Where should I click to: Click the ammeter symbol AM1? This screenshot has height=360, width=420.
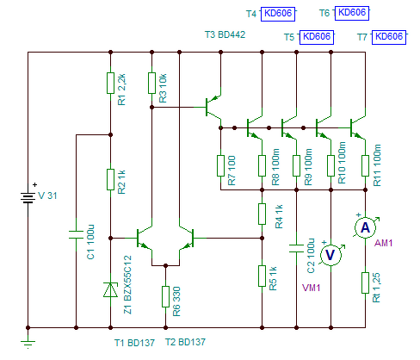365,228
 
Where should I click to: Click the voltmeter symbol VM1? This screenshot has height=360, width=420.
330,255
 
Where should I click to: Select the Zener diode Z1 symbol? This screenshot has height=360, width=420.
110,289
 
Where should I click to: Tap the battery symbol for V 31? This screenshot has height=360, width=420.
28,197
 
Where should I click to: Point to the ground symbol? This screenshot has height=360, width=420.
28,343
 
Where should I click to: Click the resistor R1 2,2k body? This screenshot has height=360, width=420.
110,83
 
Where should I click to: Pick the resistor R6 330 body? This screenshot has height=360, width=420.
165,296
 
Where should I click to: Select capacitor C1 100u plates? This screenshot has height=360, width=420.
76,234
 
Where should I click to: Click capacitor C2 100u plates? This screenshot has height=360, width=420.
296,248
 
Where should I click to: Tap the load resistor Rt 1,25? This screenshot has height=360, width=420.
365,282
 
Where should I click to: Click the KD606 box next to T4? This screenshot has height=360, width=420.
278,14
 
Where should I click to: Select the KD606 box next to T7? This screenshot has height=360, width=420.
389,37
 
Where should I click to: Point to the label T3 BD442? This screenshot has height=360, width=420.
225,34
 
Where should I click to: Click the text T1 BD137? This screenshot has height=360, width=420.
134,343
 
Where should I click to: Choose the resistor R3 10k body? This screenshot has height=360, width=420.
151,83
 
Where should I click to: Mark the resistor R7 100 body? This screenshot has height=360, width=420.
220,165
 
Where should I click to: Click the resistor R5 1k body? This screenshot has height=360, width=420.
262,276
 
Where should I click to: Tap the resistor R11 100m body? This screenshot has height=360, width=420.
365,165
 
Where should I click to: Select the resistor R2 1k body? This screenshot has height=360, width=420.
110,179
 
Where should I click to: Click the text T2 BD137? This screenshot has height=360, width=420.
185,342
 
